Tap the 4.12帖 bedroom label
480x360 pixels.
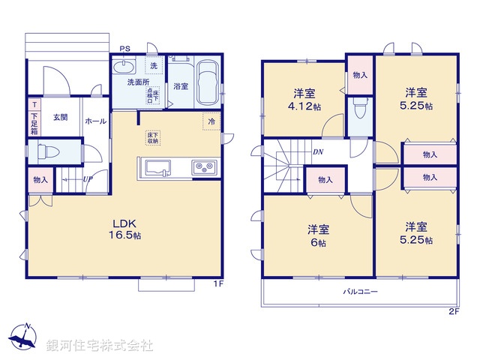(x=306, y=100)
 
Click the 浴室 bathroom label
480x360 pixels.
(x=181, y=86)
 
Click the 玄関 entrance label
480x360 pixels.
(x=61, y=117)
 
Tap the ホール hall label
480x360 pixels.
(x=95, y=121)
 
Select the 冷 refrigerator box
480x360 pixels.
(x=211, y=121)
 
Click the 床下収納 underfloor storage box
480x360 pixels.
(x=152, y=138)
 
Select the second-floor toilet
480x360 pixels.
(x=359, y=112)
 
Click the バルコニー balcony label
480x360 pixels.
(x=361, y=291)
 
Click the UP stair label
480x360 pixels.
(x=88, y=179)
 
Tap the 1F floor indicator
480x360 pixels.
(x=217, y=283)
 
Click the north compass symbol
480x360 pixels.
(x=25, y=337)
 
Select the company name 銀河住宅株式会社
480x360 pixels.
(x=100, y=346)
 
